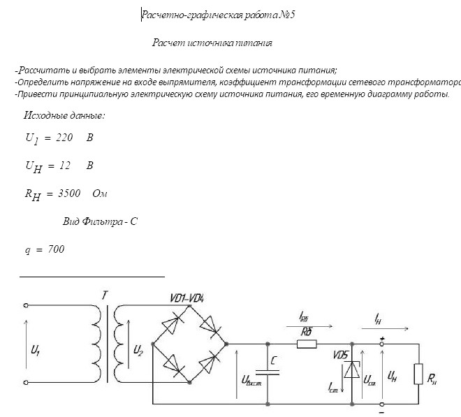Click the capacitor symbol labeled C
tap(268, 372)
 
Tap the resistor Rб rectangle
tap(307, 344)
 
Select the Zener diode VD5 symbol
tap(352, 370)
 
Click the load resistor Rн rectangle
tap(418, 374)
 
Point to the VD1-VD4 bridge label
tap(187, 298)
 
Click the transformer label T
tap(105, 295)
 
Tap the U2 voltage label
tap(138, 351)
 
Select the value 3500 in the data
tap(69, 193)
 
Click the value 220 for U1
tap(64, 138)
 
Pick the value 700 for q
tap(56, 249)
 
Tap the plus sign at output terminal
tap(382, 339)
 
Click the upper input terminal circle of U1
tap(26, 305)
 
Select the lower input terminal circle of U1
tap(26, 382)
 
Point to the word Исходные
tap(43, 115)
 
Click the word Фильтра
tap(102, 221)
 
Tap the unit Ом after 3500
tap(100, 193)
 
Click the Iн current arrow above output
tap(385, 328)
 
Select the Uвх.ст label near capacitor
tap(251, 380)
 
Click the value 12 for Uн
tap(65, 166)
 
